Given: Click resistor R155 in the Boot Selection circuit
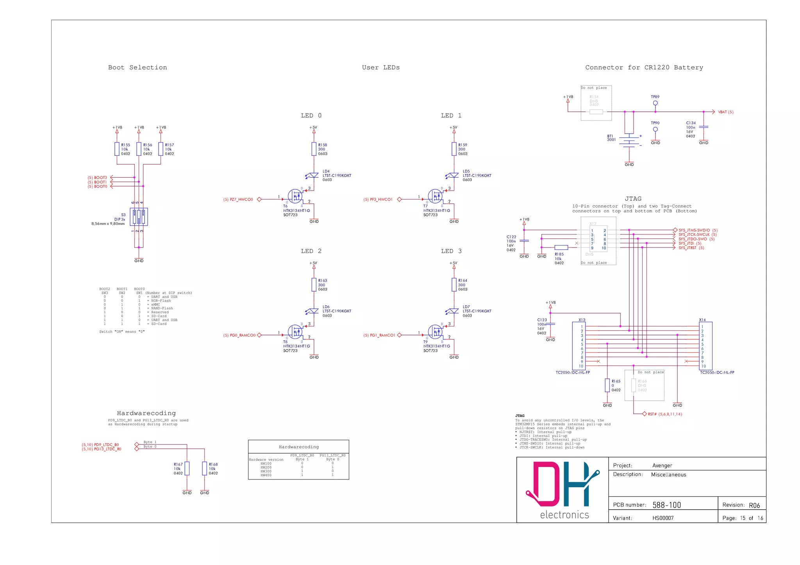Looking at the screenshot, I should tap(117, 149).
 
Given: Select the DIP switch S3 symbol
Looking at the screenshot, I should tap(139, 217).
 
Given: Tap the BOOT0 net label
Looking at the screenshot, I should tap(100, 187).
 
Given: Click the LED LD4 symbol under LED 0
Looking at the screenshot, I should tap(313, 176).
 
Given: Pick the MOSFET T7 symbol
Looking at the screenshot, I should tap(436, 196).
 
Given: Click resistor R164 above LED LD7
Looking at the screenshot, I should tap(454, 285).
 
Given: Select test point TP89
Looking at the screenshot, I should tap(655, 103).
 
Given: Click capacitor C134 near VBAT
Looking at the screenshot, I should tap(704, 127).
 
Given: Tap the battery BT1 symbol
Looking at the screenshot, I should tap(629, 141).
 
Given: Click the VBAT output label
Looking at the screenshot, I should tap(725, 112).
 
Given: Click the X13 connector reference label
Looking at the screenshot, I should tap(582, 320).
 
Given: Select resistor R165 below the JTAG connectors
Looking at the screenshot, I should tap(607, 385).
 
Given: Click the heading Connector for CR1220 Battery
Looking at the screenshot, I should tap(644, 68).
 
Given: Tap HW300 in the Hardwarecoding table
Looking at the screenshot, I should tap(266, 471).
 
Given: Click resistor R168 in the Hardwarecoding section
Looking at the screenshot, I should tap(204, 469).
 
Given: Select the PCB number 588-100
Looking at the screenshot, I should tap(666, 505).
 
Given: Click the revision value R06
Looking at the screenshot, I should tap(754, 505).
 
